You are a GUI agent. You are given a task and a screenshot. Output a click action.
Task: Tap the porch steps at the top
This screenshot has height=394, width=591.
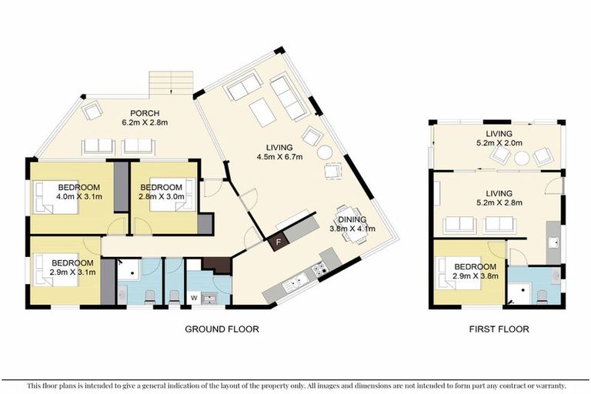click(x=171, y=81)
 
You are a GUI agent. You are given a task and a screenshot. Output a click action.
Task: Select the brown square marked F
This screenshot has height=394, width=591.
click(x=279, y=241)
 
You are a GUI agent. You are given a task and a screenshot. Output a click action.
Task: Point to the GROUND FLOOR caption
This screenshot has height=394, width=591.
click(x=222, y=329)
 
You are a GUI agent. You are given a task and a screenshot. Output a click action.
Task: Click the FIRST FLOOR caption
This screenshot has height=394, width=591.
click(x=499, y=329)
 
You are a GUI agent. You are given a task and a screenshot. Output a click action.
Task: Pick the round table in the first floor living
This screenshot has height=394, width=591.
click(x=521, y=159)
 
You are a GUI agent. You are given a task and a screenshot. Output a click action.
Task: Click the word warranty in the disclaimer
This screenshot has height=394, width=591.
click(x=547, y=385)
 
